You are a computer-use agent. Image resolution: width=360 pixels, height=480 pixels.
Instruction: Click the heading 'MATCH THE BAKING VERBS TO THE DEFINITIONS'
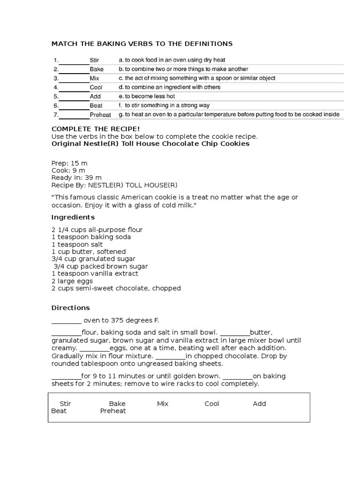(142, 44)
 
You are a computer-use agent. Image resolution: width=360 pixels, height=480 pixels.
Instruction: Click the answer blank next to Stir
(74, 60)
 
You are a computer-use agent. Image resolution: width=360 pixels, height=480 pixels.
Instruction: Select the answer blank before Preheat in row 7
(74, 115)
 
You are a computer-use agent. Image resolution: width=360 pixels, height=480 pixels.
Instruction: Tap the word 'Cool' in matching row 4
(96, 87)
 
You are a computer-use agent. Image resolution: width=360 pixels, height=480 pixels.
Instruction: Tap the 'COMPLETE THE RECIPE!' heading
(89, 128)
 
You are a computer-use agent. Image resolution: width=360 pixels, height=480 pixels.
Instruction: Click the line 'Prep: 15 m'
(69, 163)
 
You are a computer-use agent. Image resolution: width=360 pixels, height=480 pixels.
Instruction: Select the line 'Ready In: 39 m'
(76, 178)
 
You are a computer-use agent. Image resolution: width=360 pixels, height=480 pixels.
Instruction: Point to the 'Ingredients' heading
(73, 217)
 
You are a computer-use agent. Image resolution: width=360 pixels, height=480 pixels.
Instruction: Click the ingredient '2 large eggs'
(72, 281)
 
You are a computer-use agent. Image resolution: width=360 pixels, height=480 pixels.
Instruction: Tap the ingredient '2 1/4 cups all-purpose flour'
(97, 230)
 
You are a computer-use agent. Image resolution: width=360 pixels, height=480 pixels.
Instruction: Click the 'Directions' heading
(70, 308)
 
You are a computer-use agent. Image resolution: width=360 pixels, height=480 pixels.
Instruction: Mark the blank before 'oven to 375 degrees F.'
(66, 321)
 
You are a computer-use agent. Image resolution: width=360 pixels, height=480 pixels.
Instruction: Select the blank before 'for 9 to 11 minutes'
(66, 376)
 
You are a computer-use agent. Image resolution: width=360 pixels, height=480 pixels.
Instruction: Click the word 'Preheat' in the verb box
(113, 411)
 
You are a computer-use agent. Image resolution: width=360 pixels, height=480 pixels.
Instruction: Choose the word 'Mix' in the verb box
(163, 404)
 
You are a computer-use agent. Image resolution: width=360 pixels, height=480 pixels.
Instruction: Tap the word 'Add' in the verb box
(259, 404)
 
